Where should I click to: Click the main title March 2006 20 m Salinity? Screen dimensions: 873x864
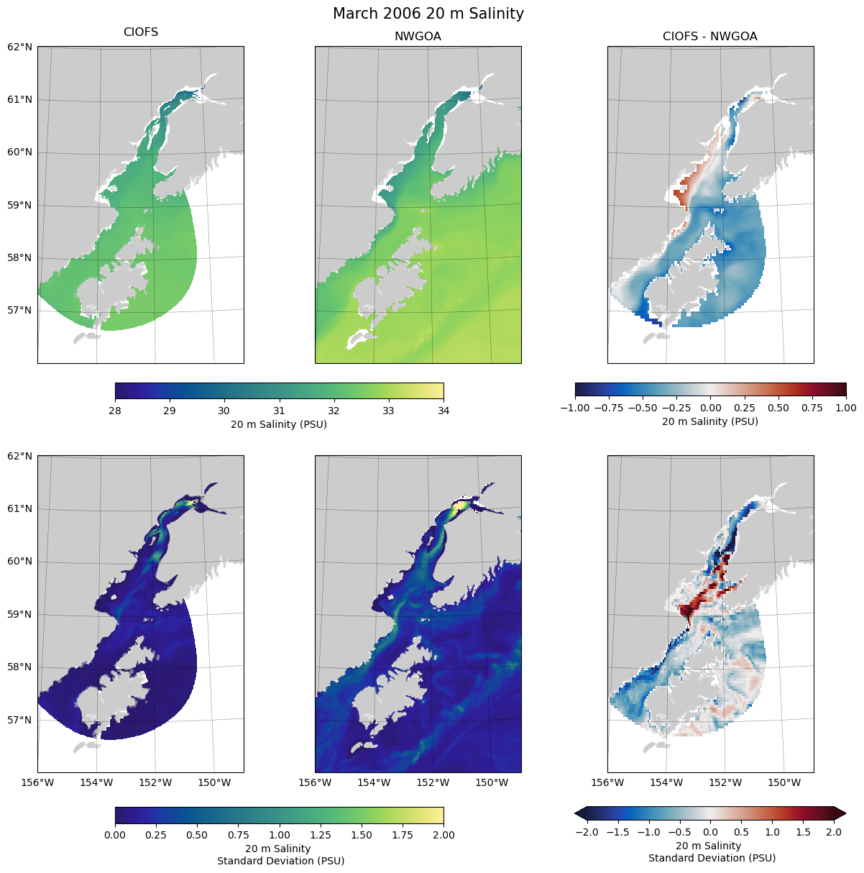coord(428,14)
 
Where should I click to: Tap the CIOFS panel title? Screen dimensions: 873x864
coord(141,32)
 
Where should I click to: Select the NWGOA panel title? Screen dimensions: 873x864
coord(418,37)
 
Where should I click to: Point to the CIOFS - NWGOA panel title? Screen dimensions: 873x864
coord(709,37)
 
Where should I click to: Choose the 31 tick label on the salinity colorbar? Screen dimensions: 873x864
coord(279,411)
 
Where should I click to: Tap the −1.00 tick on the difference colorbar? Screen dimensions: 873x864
coord(575,408)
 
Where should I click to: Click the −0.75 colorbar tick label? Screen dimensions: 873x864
coord(609,408)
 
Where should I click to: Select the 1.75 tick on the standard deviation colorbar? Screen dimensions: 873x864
coord(403,835)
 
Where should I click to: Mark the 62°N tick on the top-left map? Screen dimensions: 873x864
coord(20,47)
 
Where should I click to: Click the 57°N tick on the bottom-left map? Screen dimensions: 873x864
coord(20,720)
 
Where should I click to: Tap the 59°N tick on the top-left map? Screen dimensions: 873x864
coord(20,205)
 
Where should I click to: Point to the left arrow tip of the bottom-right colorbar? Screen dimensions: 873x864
coord(576,813)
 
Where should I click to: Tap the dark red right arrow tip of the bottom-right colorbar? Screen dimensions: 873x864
coord(845,813)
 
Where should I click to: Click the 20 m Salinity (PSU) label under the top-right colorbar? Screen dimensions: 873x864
coord(709,421)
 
